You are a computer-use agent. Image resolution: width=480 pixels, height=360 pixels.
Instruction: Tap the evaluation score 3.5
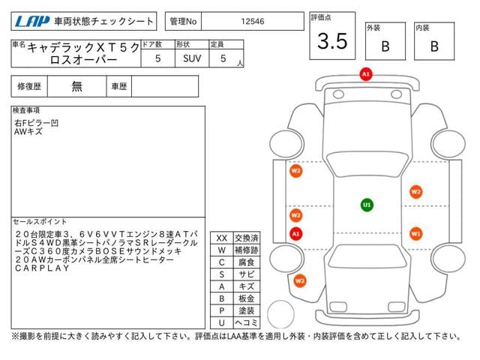(332, 42)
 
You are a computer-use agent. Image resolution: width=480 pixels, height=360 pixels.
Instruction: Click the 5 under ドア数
(157, 57)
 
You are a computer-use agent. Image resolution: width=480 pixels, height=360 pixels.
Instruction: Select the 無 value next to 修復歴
(77, 86)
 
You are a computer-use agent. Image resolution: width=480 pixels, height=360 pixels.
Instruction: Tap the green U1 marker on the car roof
(367, 204)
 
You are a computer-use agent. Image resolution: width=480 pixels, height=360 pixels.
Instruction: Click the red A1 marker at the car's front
(366, 74)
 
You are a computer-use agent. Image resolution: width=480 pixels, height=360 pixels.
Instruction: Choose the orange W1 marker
(416, 233)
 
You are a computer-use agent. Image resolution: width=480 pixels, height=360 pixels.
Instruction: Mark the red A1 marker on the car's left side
(295, 233)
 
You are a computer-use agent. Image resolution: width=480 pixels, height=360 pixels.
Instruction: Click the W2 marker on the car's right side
(415, 191)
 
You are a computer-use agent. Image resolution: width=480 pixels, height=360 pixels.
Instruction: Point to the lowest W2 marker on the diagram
(300, 281)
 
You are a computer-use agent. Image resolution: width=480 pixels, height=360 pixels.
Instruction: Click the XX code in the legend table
(221, 238)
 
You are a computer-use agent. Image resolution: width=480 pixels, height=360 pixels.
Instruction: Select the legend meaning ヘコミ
(245, 322)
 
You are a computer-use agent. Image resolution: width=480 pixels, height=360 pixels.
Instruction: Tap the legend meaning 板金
(245, 298)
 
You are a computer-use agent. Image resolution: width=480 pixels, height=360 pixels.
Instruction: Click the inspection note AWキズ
(28, 131)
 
